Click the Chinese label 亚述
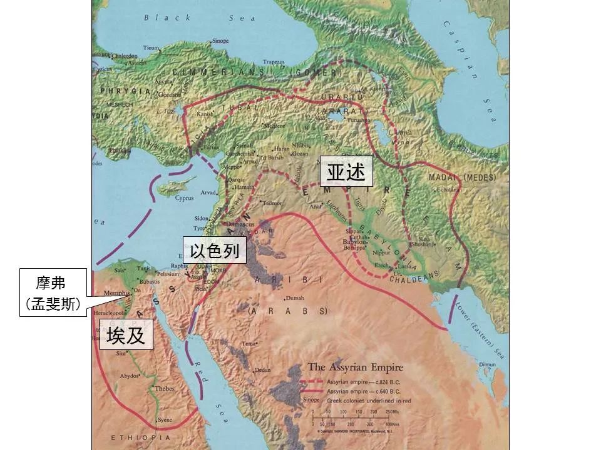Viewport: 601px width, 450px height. click(346, 172)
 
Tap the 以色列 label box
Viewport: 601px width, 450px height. click(214, 251)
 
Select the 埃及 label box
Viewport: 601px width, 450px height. click(126, 336)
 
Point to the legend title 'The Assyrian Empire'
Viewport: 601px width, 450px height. click(355, 367)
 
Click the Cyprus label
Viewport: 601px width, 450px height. click(184, 198)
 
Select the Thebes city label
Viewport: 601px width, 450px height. click(165, 388)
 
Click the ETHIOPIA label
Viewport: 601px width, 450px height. click(131, 437)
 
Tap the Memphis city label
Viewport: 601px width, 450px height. click(117, 292)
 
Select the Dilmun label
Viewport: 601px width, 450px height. click(487, 364)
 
